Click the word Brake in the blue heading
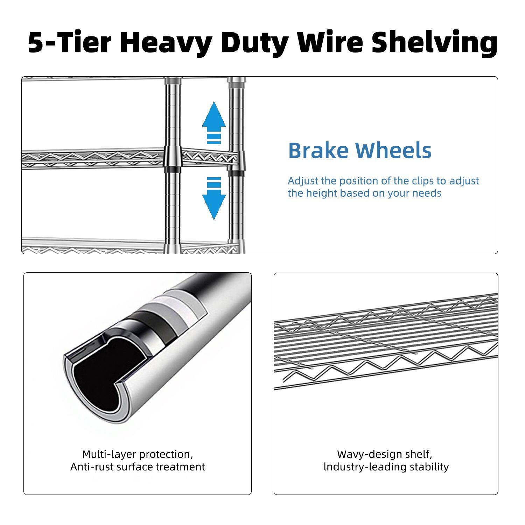pyautogui.click(x=318, y=150)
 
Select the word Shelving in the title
pyautogui.click(x=434, y=43)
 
